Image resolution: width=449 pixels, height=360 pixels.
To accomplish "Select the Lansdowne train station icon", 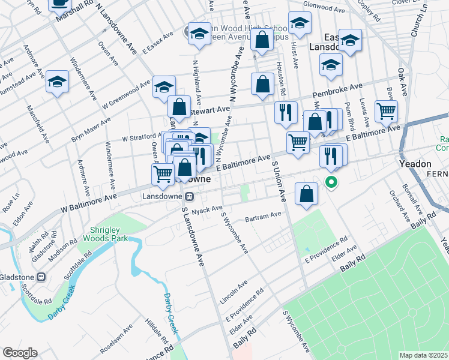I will click(188, 196).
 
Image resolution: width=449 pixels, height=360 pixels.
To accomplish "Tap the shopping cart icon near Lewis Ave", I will click(386, 111).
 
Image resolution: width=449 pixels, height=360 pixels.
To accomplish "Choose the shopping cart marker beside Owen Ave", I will click(163, 174).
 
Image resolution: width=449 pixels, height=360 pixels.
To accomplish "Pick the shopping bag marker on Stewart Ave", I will click(179, 107).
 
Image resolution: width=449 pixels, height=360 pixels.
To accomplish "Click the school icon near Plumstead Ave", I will click(58, 82).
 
